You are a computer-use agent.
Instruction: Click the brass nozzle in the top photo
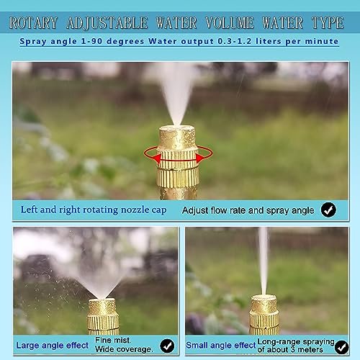177,162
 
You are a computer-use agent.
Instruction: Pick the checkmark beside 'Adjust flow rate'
328,210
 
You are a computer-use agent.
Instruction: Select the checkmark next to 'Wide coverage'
167,346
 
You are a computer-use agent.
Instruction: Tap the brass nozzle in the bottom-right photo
264,315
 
